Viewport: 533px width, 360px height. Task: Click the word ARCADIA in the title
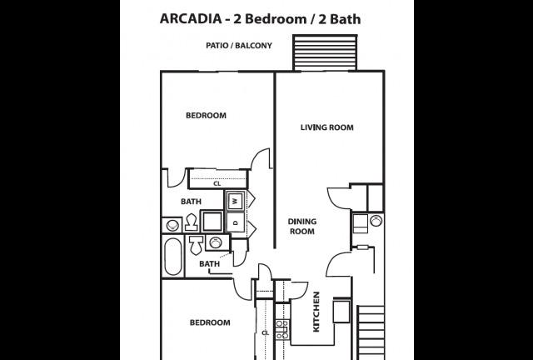coord(191,19)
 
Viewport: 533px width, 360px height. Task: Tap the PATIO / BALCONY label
coord(239,46)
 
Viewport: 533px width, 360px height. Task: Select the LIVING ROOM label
coord(327,127)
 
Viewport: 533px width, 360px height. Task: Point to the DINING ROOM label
coord(302,227)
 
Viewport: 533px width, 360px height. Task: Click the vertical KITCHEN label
coord(316,312)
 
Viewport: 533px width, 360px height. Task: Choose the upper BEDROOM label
coord(206,116)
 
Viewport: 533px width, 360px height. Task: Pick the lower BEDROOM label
coord(210,322)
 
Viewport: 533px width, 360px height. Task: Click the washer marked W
coord(236,201)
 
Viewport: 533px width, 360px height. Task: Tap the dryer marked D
coord(236,222)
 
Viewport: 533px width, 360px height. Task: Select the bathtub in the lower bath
coord(173,256)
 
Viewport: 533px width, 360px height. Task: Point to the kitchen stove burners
coord(282,329)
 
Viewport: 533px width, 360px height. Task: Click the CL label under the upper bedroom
coord(217,183)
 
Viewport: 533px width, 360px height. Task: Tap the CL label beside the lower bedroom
coord(266,332)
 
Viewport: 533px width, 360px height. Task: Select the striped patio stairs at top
coord(325,52)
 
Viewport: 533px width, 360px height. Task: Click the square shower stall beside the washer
coord(212,221)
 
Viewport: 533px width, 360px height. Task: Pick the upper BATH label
coord(191,202)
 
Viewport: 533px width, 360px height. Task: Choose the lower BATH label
coord(209,263)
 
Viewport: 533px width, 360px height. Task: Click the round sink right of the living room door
coord(376,221)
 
